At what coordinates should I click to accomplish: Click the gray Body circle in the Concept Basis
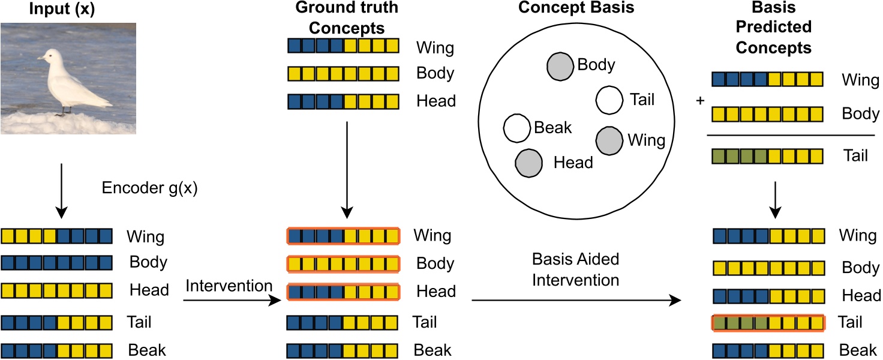pos(560,67)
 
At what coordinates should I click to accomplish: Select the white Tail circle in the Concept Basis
pos(609,100)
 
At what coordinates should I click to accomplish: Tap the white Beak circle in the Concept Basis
pos(517,128)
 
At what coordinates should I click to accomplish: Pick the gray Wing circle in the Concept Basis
pos(609,141)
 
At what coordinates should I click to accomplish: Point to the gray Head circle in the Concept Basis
pos(529,163)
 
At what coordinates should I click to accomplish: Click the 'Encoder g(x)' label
pos(150,188)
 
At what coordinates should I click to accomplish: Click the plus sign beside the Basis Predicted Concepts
pos(700,101)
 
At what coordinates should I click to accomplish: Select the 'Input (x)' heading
pos(62,8)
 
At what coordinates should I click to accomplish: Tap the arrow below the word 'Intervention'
pos(232,301)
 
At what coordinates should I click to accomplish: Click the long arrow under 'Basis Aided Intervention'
pos(576,301)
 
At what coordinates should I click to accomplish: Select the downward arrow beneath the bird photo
pos(62,191)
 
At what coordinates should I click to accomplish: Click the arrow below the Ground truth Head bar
pos(347,170)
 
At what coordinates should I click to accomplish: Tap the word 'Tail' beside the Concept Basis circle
pos(642,100)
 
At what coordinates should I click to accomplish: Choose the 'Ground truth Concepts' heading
pos(347,18)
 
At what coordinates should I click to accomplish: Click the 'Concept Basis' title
pos(576,7)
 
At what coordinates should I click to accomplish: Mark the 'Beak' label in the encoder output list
pos(147,350)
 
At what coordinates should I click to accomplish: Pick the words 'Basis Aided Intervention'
pos(575,270)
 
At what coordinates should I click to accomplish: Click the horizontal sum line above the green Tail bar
pos(791,135)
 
